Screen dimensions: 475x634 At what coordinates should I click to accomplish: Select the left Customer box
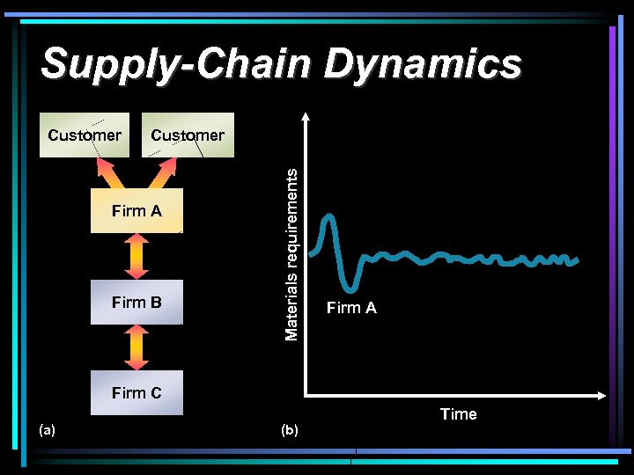85,135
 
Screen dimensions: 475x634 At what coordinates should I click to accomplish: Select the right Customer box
188,135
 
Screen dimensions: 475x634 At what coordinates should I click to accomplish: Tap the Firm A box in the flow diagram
136,210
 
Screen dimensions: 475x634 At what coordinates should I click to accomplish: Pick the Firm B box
136,303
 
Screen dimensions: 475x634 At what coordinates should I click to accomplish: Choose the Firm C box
136,392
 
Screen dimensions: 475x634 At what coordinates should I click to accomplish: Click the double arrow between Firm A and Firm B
136,256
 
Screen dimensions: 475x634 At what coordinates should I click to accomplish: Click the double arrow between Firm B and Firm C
136,347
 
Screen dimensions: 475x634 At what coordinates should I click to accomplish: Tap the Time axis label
458,414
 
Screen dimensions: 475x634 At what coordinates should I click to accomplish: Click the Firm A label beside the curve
351,308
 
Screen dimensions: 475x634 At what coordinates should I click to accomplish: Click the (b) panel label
289,430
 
